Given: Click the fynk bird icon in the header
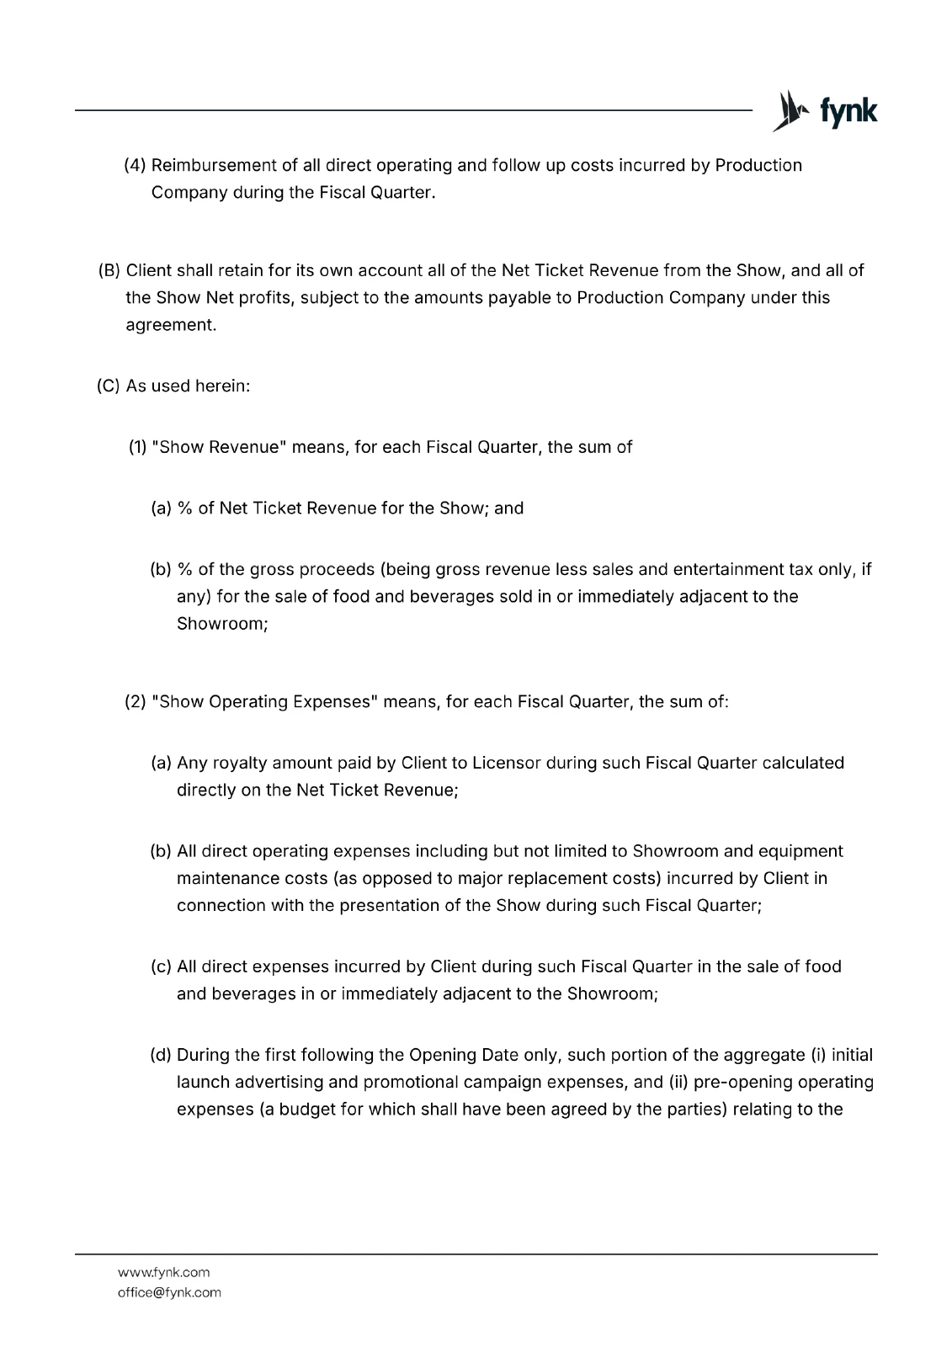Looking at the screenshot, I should tap(789, 110).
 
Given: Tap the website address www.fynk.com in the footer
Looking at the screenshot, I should tap(163, 1272).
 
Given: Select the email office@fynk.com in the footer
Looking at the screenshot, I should tap(169, 1292).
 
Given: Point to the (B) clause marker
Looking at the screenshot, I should tap(109, 270).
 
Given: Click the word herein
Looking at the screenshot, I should tap(222, 386).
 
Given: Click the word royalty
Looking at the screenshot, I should tap(240, 763).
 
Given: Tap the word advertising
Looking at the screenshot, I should tap(279, 1082).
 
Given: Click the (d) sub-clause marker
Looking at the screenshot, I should tap(161, 1055).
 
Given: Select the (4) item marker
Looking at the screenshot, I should tap(136, 165).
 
